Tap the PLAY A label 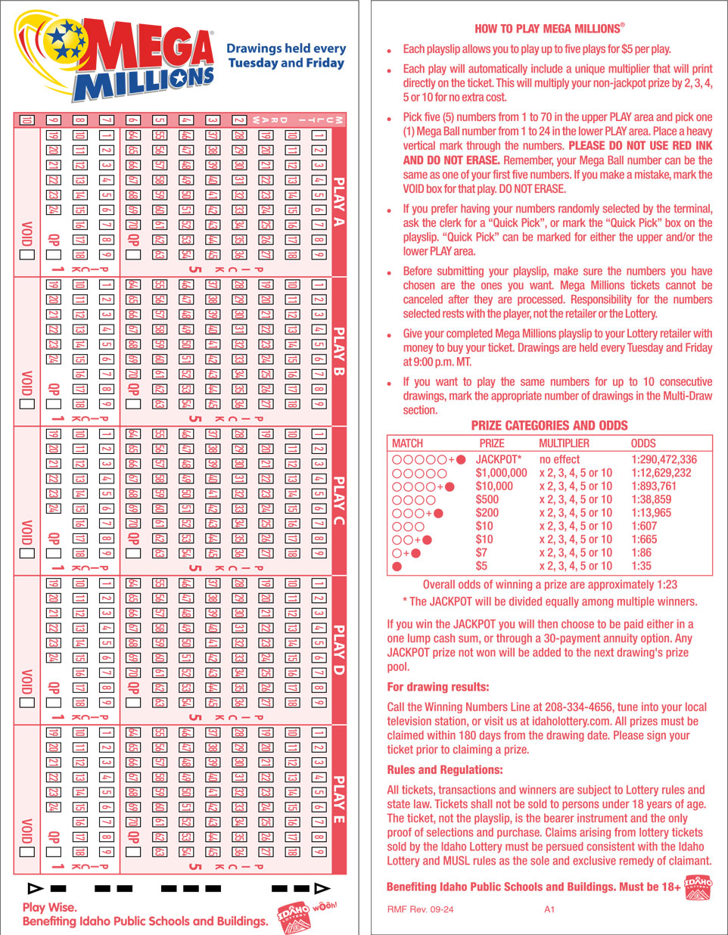click(339, 201)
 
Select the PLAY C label click(339, 500)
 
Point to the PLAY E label click(339, 799)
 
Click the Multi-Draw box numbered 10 click(26, 120)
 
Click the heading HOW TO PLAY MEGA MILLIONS click(549, 29)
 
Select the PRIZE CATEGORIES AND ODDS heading click(549, 426)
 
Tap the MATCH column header click(407, 443)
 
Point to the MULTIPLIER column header click(564, 443)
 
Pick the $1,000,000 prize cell click(501, 473)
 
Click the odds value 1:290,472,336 click(664, 459)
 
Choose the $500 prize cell click(487, 499)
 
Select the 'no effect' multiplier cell click(559, 459)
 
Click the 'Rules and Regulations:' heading click(444, 770)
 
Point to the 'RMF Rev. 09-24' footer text click(420, 909)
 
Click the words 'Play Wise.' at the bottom click(49, 907)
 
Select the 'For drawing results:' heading click(437, 688)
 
